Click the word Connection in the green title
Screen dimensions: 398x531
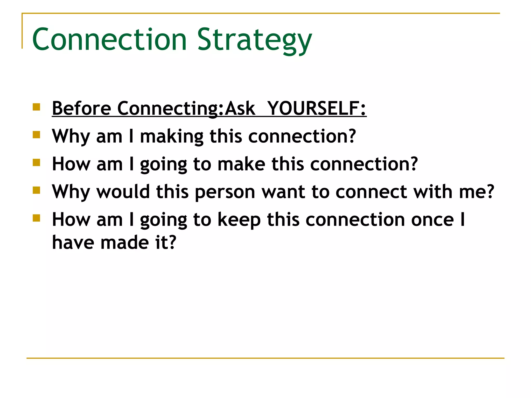[x=109, y=40]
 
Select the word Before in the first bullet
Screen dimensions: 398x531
[x=81, y=108]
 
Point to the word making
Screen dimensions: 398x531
[x=172, y=136]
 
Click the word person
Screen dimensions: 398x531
[x=225, y=192]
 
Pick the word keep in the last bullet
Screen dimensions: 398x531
[x=239, y=220]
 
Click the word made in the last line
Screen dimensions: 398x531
[x=125, y=243]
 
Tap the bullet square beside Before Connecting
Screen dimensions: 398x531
[x=37, y=107]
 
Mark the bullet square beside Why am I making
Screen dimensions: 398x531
[x=37, y=135]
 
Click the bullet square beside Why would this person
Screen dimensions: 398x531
[x=37, y=190]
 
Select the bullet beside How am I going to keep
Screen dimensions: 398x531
[x=37, y=218]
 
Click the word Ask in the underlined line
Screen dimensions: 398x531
[x=240, y=108]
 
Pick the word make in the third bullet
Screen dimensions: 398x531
[x=241, y=164]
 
